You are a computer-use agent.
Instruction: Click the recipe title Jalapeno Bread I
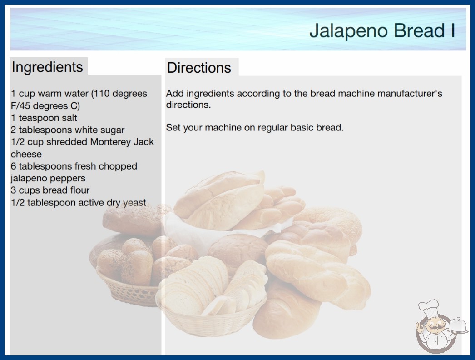[x=382, y=31]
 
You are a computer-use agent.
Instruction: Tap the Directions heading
[x=199, y=68]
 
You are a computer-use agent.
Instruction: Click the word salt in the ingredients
[x=69, y=118]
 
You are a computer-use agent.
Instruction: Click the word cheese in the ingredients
[x=26, y=154]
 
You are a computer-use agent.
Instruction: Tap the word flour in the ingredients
[x=79, y=190]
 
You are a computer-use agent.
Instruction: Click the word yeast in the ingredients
[x=134, y=203]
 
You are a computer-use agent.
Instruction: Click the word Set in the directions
[x=173, y=127]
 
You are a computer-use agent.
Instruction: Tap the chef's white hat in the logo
[x=429, y=307]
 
